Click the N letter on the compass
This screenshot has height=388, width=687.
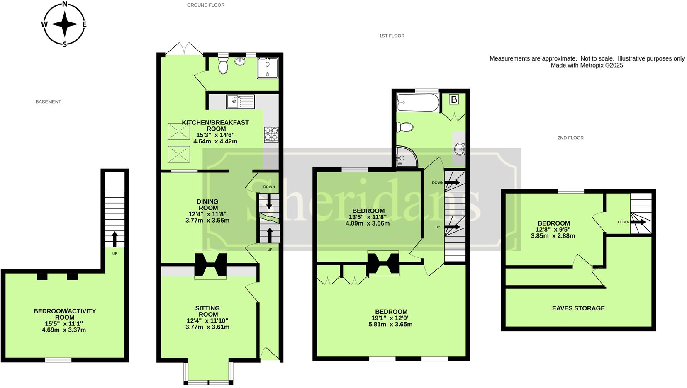tap(65, 5)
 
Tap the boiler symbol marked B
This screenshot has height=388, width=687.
tap(454, 99)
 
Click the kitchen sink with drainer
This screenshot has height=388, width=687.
tap(240, 101)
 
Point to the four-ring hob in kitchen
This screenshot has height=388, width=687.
tap(271, 134)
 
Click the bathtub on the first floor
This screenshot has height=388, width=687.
tap(417, 103)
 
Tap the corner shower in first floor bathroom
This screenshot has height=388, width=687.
tap(405, 156)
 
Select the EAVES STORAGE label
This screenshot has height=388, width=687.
tap(578, 308)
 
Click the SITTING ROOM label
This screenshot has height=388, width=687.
tap(207, 311)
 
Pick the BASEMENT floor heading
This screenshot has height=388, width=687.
tap(48, 102)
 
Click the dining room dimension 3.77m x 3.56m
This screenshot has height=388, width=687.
tap(207, 220)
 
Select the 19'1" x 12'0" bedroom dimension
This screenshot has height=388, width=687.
tap(391, 318)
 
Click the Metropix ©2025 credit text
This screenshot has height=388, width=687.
tap(587, 65)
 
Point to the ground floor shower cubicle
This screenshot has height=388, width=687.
tap(267, 68)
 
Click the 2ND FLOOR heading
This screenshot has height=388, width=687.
tap(570, 138)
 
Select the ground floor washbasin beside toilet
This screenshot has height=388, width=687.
tap(240, 62)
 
